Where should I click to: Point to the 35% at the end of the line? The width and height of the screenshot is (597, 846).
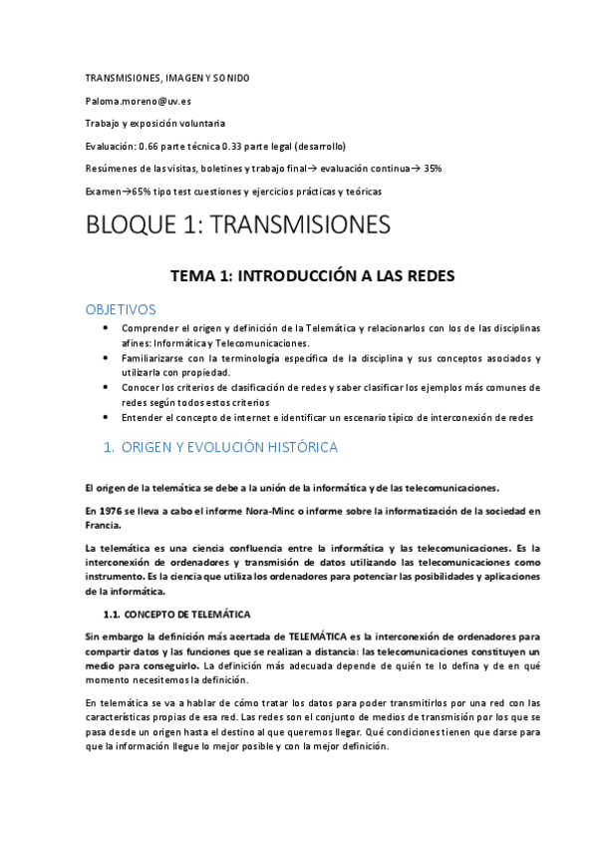tap(433, 169)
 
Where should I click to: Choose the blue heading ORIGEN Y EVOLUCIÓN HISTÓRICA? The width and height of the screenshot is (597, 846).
tap(234, 448)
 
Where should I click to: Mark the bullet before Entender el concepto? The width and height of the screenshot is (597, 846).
tap(108, 417)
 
